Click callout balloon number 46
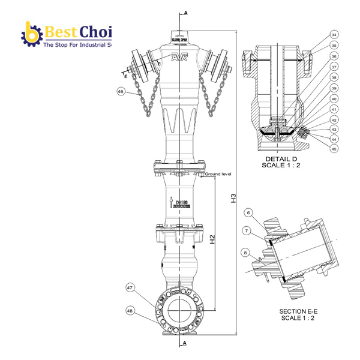pyautogui.click(x=121, y=92)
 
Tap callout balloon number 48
pyautogui.click(x=130, y=310)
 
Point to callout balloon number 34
pyautogui.click(x=334, y=34)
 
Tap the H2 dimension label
pyautogui.click(x=213, y=242)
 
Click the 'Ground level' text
pyautogui.click(x=217, y=173)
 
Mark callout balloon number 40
pyautogui.click(x=334, y=98)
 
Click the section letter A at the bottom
pyautogui.click(x=185, y=343)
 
